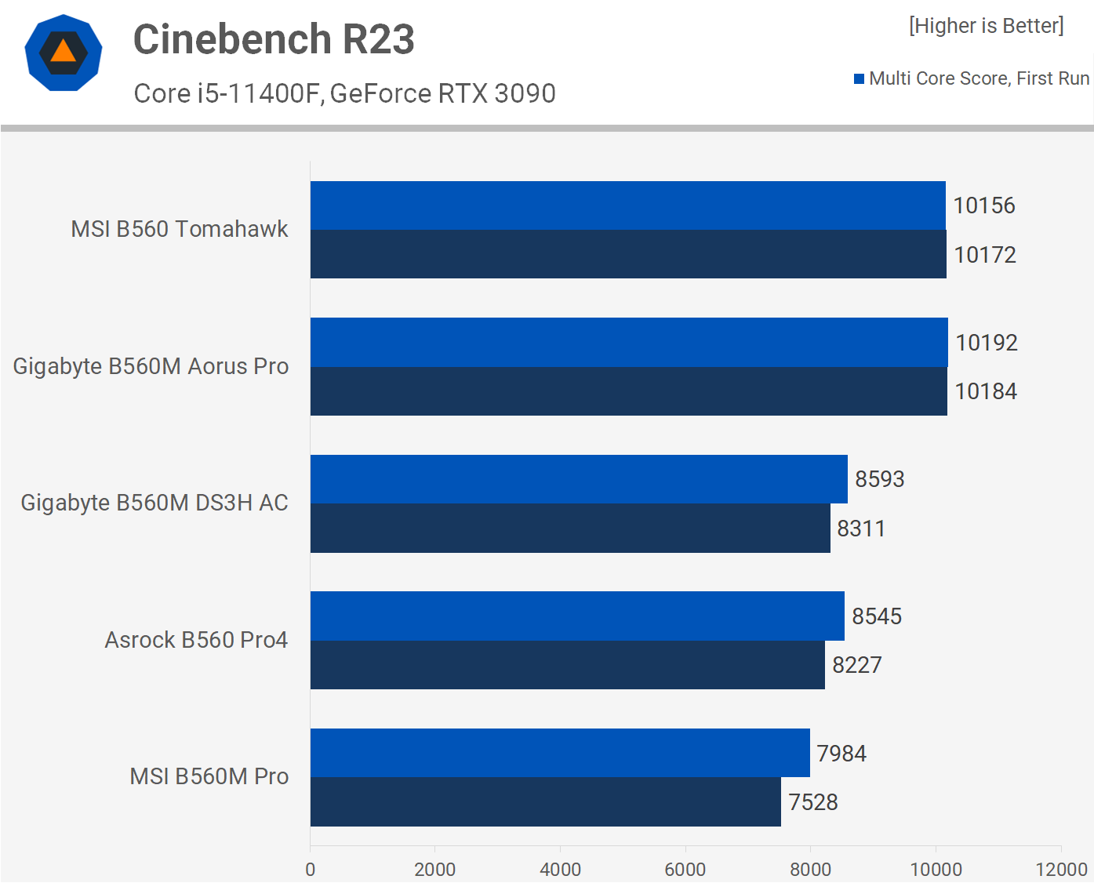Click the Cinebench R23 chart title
click(x=274, y=39)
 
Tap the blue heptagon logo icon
click(x=64, y=53)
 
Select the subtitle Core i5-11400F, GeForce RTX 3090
click(x=344, y=93)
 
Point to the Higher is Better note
click(x=986, y=26)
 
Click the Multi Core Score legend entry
click(x=972, y=78)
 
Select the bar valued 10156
click(x=627, y=205)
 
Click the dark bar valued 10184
click(x=628, y=391)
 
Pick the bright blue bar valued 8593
click(x=579, y=479)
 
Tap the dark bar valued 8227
click(x=567, y=665)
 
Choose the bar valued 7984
click(x=560, y=753)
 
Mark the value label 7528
click(x=813, y=802)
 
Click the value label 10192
click(x=987, y=343)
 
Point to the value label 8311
click(x=861, y=529)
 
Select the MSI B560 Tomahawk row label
click(x=180, y=229)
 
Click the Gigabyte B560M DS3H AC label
click(x=154, y=503)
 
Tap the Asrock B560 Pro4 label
click(x=196, y=640)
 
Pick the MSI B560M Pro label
click(x=209, y=776)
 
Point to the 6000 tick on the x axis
click(x=685, y=869)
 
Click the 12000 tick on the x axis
click(x=1061, y=869)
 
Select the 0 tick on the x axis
click(x=311, y=869)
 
